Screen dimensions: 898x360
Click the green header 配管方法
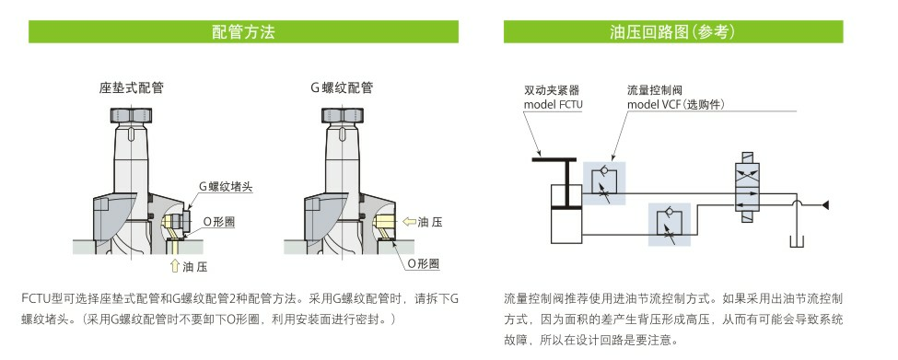[243, 31]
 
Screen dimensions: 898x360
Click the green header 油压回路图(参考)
[673, 31]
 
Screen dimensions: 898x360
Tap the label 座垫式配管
[131, 88]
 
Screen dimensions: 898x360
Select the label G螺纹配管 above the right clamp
[342, 88]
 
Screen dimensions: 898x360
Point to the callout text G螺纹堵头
[226, 187]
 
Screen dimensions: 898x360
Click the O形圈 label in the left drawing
[219, 222]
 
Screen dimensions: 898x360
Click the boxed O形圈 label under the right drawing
[424, 264]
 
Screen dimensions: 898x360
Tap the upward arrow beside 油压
[175, 266]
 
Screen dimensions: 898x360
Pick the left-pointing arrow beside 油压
[409, 222]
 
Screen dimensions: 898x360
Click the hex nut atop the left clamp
[131, 116]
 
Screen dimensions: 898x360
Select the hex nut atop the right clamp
[343, 116]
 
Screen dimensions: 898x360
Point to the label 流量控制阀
[655, 90]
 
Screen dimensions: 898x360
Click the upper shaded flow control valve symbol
[604, 183]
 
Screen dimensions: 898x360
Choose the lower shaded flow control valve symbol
[670, 225]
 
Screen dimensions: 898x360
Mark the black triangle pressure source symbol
[826, 204]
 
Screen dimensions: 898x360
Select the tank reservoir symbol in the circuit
[797, 240]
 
